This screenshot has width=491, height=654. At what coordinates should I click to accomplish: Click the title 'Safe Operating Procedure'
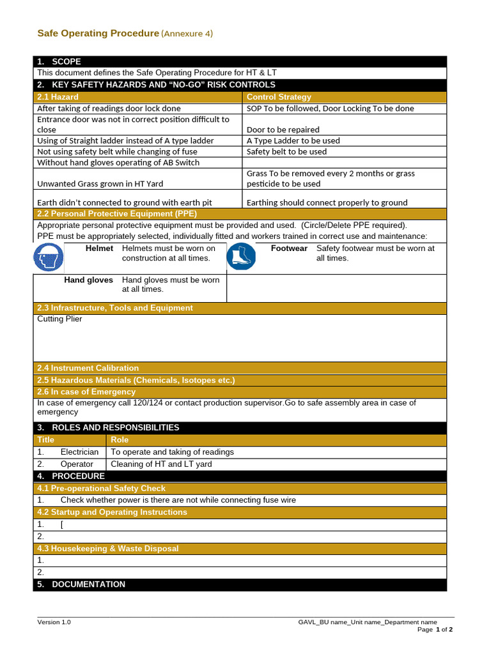pos(98,33)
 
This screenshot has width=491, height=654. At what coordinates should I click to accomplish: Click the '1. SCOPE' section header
pos(59,62)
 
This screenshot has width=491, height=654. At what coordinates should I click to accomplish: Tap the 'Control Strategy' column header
pos(279,97)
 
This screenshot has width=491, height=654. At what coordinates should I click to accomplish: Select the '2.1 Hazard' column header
pos(58,97)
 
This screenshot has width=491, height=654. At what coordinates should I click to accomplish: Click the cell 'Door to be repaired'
pos(283,130)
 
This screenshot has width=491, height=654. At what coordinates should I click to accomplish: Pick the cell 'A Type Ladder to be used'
pos(293,141)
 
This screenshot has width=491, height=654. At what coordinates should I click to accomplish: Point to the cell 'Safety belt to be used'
pos(286,151)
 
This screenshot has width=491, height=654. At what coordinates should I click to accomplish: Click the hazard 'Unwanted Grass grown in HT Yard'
pos(100,184)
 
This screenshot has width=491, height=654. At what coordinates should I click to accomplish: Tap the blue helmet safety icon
pos(49,259)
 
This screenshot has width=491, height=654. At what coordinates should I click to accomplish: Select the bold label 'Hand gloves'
pos(88,280)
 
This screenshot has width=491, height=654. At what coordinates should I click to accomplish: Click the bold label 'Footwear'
pos(289,248)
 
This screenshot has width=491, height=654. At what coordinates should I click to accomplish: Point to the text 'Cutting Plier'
pos(59,319)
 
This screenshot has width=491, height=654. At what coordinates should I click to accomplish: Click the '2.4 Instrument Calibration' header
pos(88,369)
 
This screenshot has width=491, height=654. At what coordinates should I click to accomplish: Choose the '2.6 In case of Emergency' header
pos(86,392)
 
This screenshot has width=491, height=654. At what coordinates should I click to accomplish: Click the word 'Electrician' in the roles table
pos(79,452)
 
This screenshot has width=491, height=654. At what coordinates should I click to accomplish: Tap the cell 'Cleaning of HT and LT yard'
pos(161,464)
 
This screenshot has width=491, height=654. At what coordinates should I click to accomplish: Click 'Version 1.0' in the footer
pos(54,622)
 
